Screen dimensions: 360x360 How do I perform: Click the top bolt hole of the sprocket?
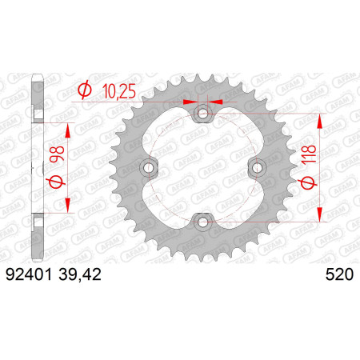click(203, 114)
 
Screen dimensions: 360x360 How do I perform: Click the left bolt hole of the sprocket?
click(148, 168)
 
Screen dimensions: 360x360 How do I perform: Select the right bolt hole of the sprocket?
click(258, 168)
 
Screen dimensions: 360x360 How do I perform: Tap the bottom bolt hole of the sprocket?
click(203, 222)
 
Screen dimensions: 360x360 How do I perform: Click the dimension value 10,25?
click(119, 91)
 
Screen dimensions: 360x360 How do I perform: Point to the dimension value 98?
click(57, 154)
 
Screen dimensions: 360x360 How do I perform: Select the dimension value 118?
click(310, 154)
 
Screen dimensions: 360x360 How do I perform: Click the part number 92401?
click(29, 274)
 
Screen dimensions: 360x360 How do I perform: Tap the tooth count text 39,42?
click(80, 274)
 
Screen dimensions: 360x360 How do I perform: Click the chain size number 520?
click(339, 274)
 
